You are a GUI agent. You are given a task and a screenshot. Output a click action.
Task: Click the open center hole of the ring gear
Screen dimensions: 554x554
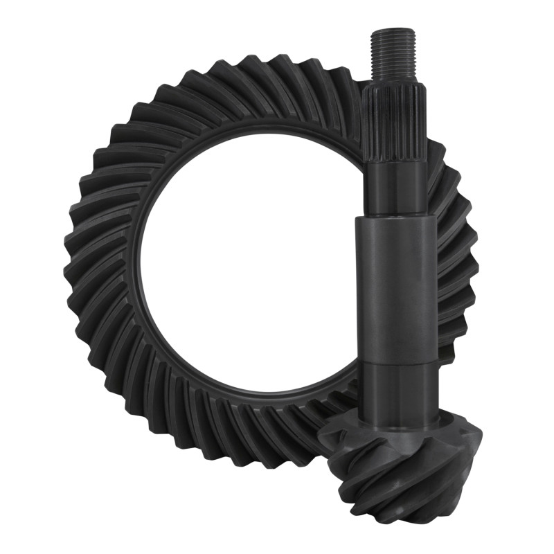tap(242, 277)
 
